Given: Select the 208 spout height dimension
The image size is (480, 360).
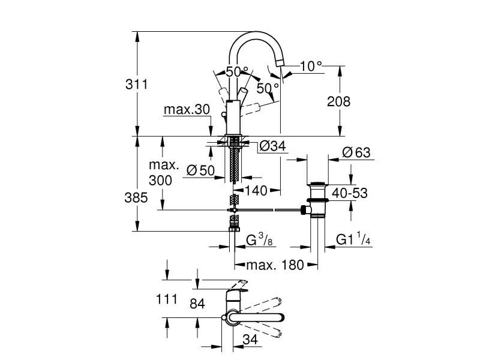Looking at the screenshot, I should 339,101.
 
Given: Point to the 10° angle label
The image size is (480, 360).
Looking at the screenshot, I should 311,66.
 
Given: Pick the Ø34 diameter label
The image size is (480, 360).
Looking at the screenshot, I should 273,145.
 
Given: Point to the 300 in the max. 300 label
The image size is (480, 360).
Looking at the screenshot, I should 161,180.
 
